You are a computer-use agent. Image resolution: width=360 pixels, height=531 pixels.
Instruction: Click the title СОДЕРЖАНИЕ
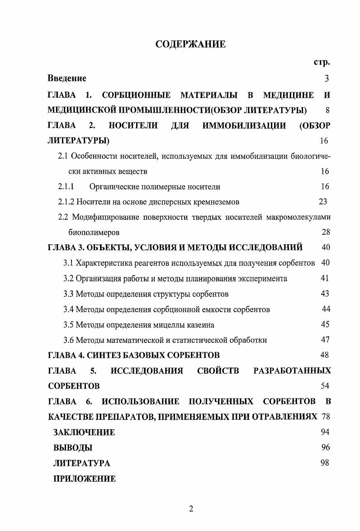[190, 44]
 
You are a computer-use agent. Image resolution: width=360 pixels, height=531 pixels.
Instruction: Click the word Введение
[67, 78]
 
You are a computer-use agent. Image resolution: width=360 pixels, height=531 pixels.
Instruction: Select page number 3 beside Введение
[327, 79]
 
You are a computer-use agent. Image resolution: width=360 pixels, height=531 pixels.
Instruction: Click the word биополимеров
[94, 232]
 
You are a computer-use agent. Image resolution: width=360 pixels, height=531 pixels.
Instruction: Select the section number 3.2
[69, 279]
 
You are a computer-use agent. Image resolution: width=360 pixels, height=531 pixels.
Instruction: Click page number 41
[325, 279]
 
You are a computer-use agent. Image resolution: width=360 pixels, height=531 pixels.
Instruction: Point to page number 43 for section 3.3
[325, 294]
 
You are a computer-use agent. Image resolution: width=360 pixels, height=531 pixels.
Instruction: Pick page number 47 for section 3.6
[325, 340]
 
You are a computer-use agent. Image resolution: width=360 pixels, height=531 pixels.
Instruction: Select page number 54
[325, 386]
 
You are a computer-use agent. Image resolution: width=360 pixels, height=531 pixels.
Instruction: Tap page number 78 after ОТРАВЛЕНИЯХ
[326, 417]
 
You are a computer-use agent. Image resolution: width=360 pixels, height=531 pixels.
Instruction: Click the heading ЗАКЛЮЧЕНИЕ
[84, 432]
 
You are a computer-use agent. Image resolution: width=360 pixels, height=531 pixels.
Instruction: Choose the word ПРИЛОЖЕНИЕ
[85, 479]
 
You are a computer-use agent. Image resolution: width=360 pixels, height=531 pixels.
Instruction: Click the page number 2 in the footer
[191, 509]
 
